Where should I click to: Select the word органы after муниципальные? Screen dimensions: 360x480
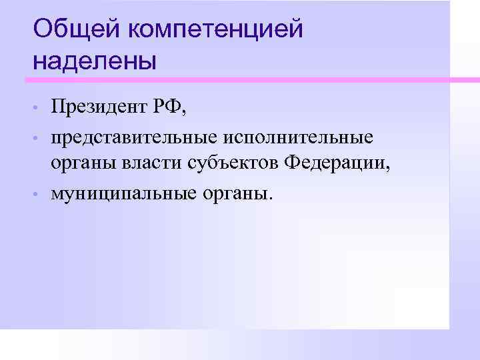[x=235, y=195]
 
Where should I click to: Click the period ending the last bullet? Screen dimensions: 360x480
[x=271, y=197]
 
